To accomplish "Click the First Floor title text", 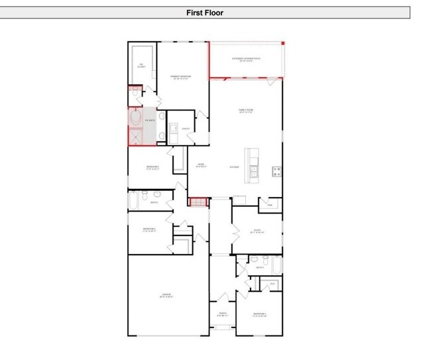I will click(x=205, y=12).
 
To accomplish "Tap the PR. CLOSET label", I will click(x=141, y=66).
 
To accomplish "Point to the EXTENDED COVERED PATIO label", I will click(x=246, y=60).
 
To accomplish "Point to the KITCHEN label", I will click(x=235, y=167).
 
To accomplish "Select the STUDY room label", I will click(x=257, y=231).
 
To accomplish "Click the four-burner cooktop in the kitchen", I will click(x=277, y=171).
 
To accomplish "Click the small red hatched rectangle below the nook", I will click(x=196, y=201).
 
